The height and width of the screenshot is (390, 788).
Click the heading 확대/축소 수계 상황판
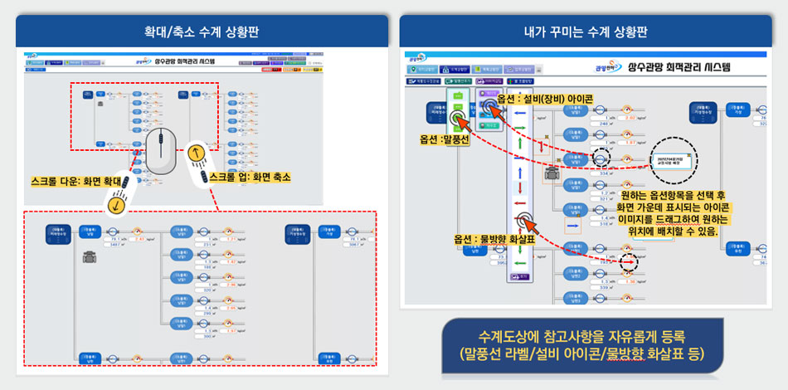point(201,32)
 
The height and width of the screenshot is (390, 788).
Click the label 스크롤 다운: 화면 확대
point(76,179)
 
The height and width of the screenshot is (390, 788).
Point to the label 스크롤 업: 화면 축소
point(250,178)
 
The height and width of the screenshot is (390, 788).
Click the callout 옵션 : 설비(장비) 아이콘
point(550,100)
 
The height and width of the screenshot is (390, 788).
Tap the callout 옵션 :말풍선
point(445,139)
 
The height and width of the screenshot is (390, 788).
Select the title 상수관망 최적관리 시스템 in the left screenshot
point(185,61)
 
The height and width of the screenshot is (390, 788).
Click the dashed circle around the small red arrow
point(629,260)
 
